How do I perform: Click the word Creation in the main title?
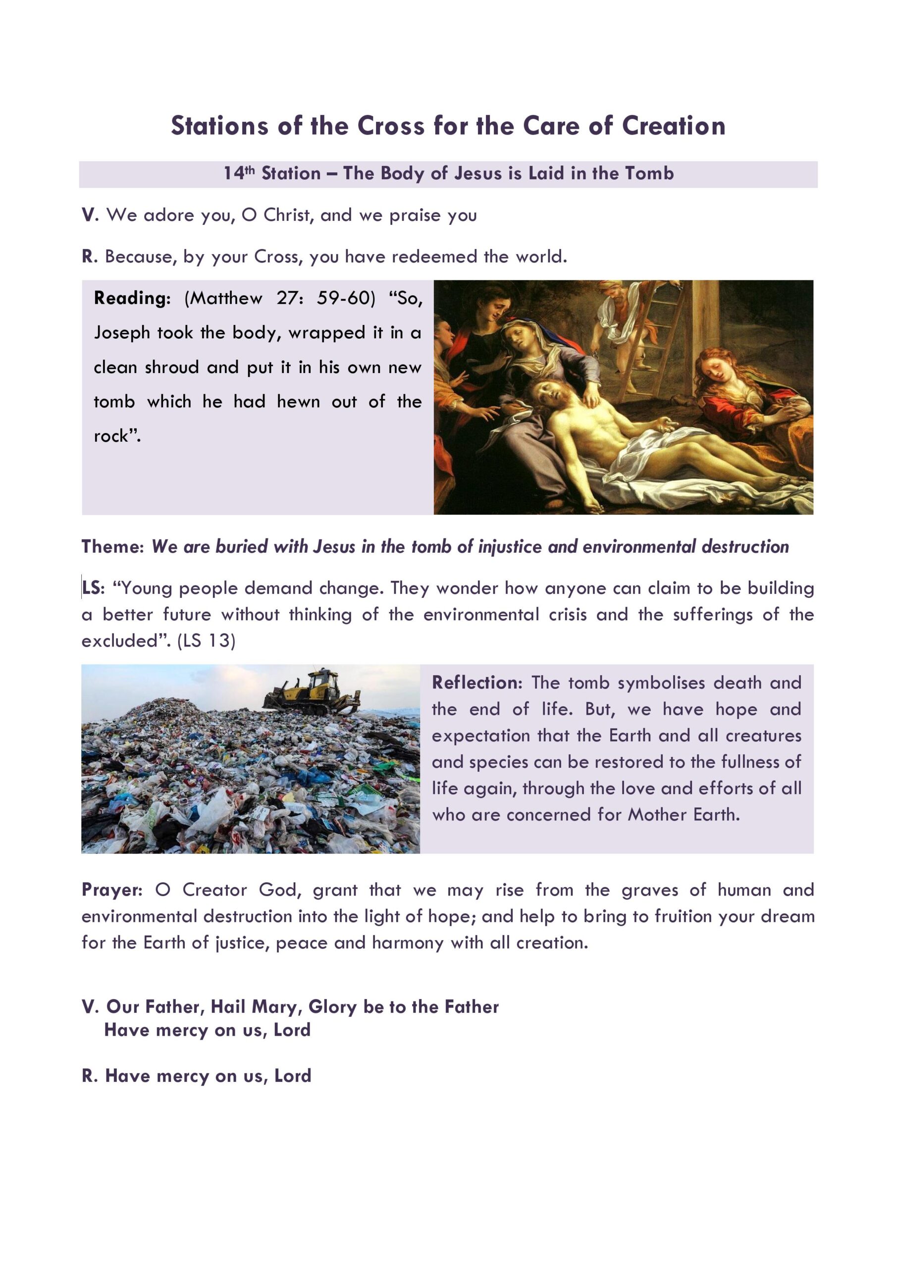point(673,126)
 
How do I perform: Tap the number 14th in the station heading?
point(239,173)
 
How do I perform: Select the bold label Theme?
point(112,547)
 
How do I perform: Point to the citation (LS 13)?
point(206,640)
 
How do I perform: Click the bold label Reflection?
point(476,683)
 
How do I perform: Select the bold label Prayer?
point(112,890)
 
